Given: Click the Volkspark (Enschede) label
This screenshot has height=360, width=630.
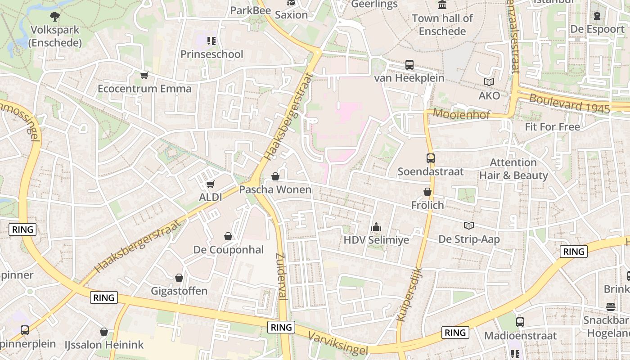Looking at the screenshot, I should pyautogui.click(x=55, y=36).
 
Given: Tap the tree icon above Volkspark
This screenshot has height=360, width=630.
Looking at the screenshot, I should pyautogui.click(x=55, y=17).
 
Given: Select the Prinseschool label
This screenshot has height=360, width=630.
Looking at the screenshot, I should pyautogui.click(x=211, y=54).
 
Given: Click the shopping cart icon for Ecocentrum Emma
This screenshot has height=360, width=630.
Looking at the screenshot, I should pyautogui.click(x=144, y=75).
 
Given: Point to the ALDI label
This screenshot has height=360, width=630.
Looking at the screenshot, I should pyautogui.click(x=211, y=197).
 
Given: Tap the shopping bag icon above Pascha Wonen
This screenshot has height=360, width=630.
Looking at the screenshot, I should pyautogui.click(x=275, y=176).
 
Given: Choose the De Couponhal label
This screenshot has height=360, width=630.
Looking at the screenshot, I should pyautogui.click(x=229, y=250).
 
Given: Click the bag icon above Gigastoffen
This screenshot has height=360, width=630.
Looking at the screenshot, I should pyautogui.click(x=179, y=278).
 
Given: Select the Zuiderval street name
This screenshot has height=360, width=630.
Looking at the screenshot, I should pyautogui.click(x=281, y=276).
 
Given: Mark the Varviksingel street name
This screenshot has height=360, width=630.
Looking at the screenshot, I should pyautogui.click(x=338, y=343).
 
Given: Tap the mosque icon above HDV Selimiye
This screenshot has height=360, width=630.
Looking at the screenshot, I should pyautogui.click(x=376, y=227).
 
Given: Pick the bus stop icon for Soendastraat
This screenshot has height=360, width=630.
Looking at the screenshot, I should pyautogui.click(x=431, y=158).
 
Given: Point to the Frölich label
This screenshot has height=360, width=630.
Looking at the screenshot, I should pyautogui.click(x=427, y=205).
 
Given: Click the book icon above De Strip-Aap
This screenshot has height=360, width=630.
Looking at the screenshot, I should pyautogui.click(x=469, y=226).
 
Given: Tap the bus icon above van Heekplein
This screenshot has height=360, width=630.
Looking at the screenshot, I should pyautogui.click(x=409, y=65).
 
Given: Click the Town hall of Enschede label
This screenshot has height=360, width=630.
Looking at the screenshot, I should pyautogui.click(x=442, y=25).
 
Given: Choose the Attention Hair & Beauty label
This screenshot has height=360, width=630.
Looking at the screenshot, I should pyautogui.click(x=513, y=169).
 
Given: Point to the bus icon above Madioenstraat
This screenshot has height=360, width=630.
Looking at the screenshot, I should pyautogui.click(x=520, y=322).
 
